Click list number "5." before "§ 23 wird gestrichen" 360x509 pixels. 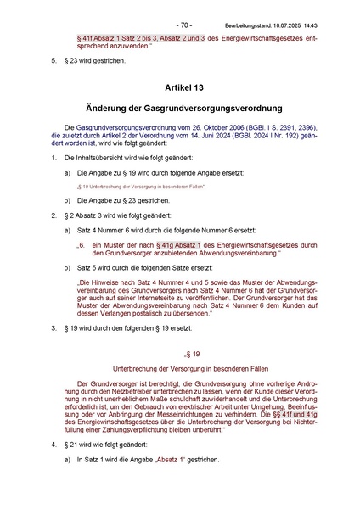tap(55, 61)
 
